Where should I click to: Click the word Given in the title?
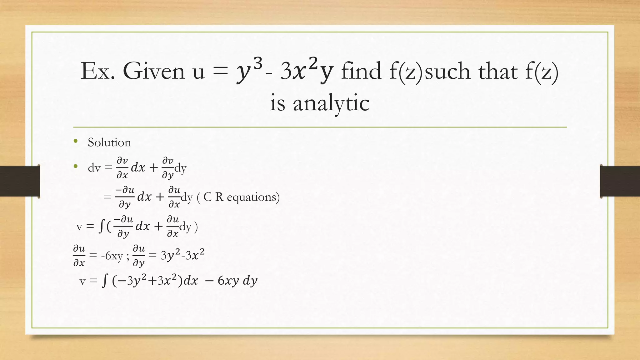point(154,71)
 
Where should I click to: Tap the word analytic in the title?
point(331,103)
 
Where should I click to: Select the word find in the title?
point(361,71)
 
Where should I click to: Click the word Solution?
point(109,142)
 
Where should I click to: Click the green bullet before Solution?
point(76,142)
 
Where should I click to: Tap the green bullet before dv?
point(76,167)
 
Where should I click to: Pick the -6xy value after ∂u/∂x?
point(112,256)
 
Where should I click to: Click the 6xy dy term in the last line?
point(237,281)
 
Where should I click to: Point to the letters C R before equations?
point(213,197)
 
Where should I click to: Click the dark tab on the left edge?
point(20,181)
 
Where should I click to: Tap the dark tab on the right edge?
point(620,181)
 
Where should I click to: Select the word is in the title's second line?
point(277,103)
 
